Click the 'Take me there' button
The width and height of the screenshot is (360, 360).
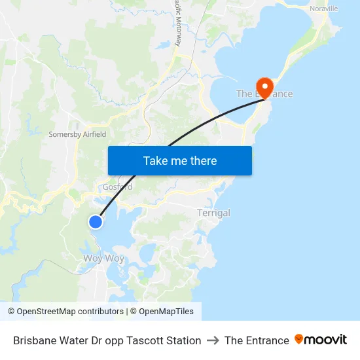(180, 160)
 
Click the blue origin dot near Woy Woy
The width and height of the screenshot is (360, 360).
(96, 222)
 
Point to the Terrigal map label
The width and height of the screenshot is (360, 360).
(213, 213)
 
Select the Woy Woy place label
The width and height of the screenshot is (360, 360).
(103, 258)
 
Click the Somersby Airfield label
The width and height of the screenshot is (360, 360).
(77, 134)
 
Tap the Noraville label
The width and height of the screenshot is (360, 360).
(324, 9)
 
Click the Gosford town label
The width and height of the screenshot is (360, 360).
(117, 187)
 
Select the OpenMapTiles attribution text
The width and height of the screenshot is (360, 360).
(166, 312)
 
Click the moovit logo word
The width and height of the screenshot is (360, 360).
(326, 340)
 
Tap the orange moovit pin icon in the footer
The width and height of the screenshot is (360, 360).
(299, 339)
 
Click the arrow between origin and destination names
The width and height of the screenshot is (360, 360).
(213, 340)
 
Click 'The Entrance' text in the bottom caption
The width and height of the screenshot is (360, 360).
(257, 340)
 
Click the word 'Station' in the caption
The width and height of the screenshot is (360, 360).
(185, 340)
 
